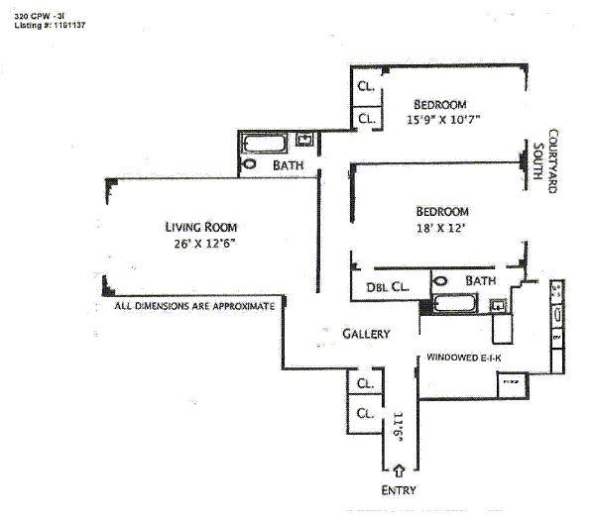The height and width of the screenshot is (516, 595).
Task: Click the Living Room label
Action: coord(201,225)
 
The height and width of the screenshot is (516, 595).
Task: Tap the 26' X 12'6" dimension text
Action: coord(202,243)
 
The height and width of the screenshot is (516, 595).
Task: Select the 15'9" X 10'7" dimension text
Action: coord(442,121)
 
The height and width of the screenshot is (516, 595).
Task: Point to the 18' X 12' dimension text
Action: coord(441,229)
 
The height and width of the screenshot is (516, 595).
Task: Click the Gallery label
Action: coord(366,334)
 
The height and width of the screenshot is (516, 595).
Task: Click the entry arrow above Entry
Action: coord(398,469)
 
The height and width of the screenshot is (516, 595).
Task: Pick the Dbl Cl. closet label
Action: coord(385,287)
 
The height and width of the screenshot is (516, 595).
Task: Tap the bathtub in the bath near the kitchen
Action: coord(457,304)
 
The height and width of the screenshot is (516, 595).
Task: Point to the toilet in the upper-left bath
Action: coord(250,163)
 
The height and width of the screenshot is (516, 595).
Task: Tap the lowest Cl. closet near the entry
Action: coord(365,413)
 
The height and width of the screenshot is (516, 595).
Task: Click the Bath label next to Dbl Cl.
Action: coord(480,281)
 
